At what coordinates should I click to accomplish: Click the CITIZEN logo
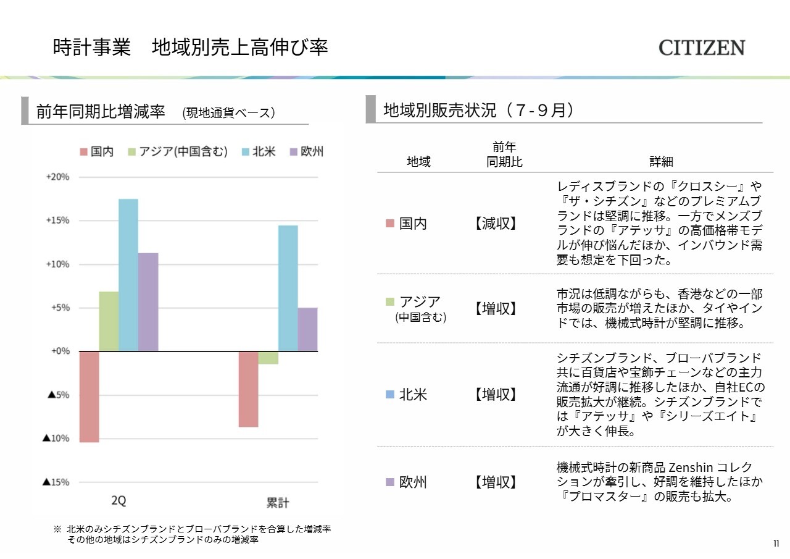point(702,48)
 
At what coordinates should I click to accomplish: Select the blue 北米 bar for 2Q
point(128,275)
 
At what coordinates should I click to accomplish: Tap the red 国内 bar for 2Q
point(89,397)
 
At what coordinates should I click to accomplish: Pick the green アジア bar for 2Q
point(109,321)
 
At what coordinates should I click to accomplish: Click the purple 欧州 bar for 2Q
point(148,302)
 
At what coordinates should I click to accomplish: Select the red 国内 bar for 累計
point(249,389)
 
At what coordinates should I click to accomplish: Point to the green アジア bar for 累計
point(268,358)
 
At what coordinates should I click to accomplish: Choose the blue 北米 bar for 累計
point(288,288)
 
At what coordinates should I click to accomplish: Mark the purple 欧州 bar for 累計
point(307,329)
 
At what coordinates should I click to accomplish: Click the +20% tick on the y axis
point(57,177)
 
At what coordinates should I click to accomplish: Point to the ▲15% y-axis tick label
point(56,482)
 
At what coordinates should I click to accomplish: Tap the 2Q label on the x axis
point(118,501)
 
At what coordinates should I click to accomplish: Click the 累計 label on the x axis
point(278,502)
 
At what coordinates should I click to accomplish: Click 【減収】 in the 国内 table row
point(496,224)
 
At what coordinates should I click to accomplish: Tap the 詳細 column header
point(661,162)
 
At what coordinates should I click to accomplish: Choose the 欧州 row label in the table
point(412,482)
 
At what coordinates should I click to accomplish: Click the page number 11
point(776,544)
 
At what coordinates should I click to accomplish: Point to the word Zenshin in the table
point(691,468)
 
